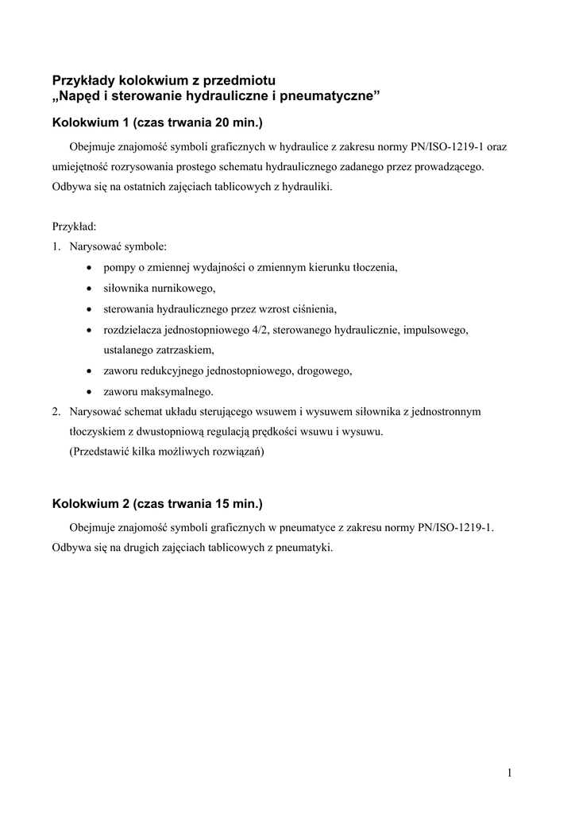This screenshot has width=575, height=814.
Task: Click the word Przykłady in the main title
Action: click(83, 80)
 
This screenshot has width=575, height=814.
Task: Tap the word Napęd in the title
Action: click(82, 97)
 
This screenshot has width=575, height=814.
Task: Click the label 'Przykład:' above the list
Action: click(74, 226)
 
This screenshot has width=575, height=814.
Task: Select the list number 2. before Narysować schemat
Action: click(56, 412)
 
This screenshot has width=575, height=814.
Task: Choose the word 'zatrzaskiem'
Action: click(186, 350)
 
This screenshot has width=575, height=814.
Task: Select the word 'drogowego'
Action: click(326, 370)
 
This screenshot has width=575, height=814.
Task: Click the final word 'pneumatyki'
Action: click(303, 547)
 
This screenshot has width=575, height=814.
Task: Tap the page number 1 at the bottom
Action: click(508, 773)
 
